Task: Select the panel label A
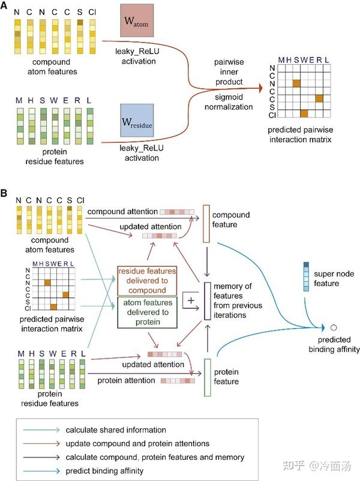pos(5,5)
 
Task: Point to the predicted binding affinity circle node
pos(334,327)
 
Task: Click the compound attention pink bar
pos(177,212)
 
